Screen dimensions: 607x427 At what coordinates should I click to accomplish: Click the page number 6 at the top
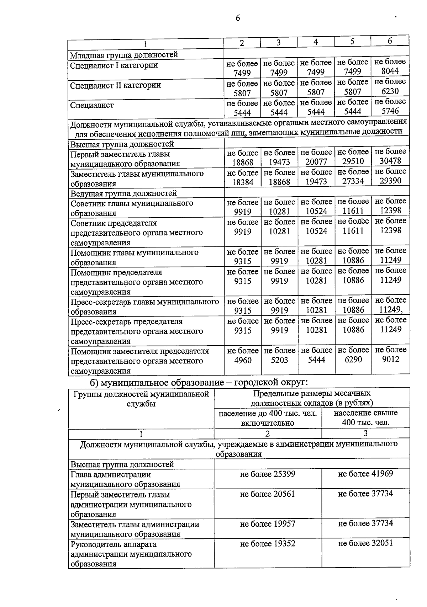[x=238, y=18]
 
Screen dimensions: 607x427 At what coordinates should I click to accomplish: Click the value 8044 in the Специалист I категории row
[x=390, y=71]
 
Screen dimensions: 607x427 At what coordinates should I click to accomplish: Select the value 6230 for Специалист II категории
[x=390, y=91]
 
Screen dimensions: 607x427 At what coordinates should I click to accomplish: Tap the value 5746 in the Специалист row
[x=390, y=111]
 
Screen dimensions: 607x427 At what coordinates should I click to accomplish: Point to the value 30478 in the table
[x=390, y=161]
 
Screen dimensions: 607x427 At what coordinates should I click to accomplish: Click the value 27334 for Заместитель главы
[x=353, y=181]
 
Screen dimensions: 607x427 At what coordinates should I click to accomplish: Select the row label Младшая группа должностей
[x=124, y=55]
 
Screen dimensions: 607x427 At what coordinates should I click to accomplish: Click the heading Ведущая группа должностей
[x=123, y=193]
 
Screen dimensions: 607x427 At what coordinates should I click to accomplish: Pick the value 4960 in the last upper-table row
[x=243, y=360]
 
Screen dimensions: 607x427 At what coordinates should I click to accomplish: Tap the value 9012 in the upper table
[x=391, y=359]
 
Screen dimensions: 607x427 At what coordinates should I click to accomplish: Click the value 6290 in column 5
[x=353, y=360]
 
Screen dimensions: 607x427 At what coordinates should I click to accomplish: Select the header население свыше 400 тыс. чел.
[x=365, y=418]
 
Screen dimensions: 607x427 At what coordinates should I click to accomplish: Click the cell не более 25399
[x=268, y=474]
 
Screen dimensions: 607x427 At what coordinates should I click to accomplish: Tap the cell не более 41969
[x=365, y=474]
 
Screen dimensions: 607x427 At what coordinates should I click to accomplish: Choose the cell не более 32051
[x=365, y=543]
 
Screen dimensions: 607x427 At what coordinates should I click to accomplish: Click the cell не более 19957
[x=268, y=524]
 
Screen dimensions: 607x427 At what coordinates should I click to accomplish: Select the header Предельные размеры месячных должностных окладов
[x=312, y=398]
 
